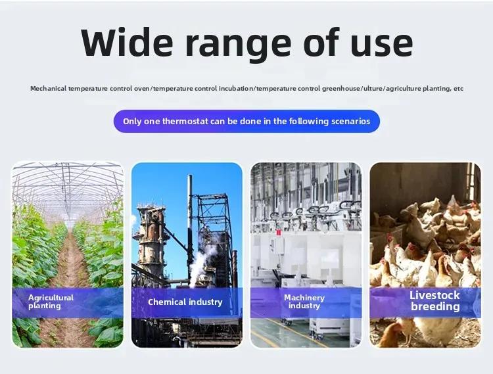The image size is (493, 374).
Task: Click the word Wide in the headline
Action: [127, 42]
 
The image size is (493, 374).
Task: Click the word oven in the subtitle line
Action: [142, 89]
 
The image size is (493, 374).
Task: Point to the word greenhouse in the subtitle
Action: [341, 89]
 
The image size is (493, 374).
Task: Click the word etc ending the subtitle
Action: [458, 89]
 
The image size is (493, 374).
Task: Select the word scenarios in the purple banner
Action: [351, 122]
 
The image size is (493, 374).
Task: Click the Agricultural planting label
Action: [51, 302]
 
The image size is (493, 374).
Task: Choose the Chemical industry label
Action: [185, 302]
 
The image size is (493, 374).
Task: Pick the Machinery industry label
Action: [304, 302]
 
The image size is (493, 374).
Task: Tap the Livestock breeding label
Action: [435, 301]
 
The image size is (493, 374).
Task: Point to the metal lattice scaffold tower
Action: [214, 233]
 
